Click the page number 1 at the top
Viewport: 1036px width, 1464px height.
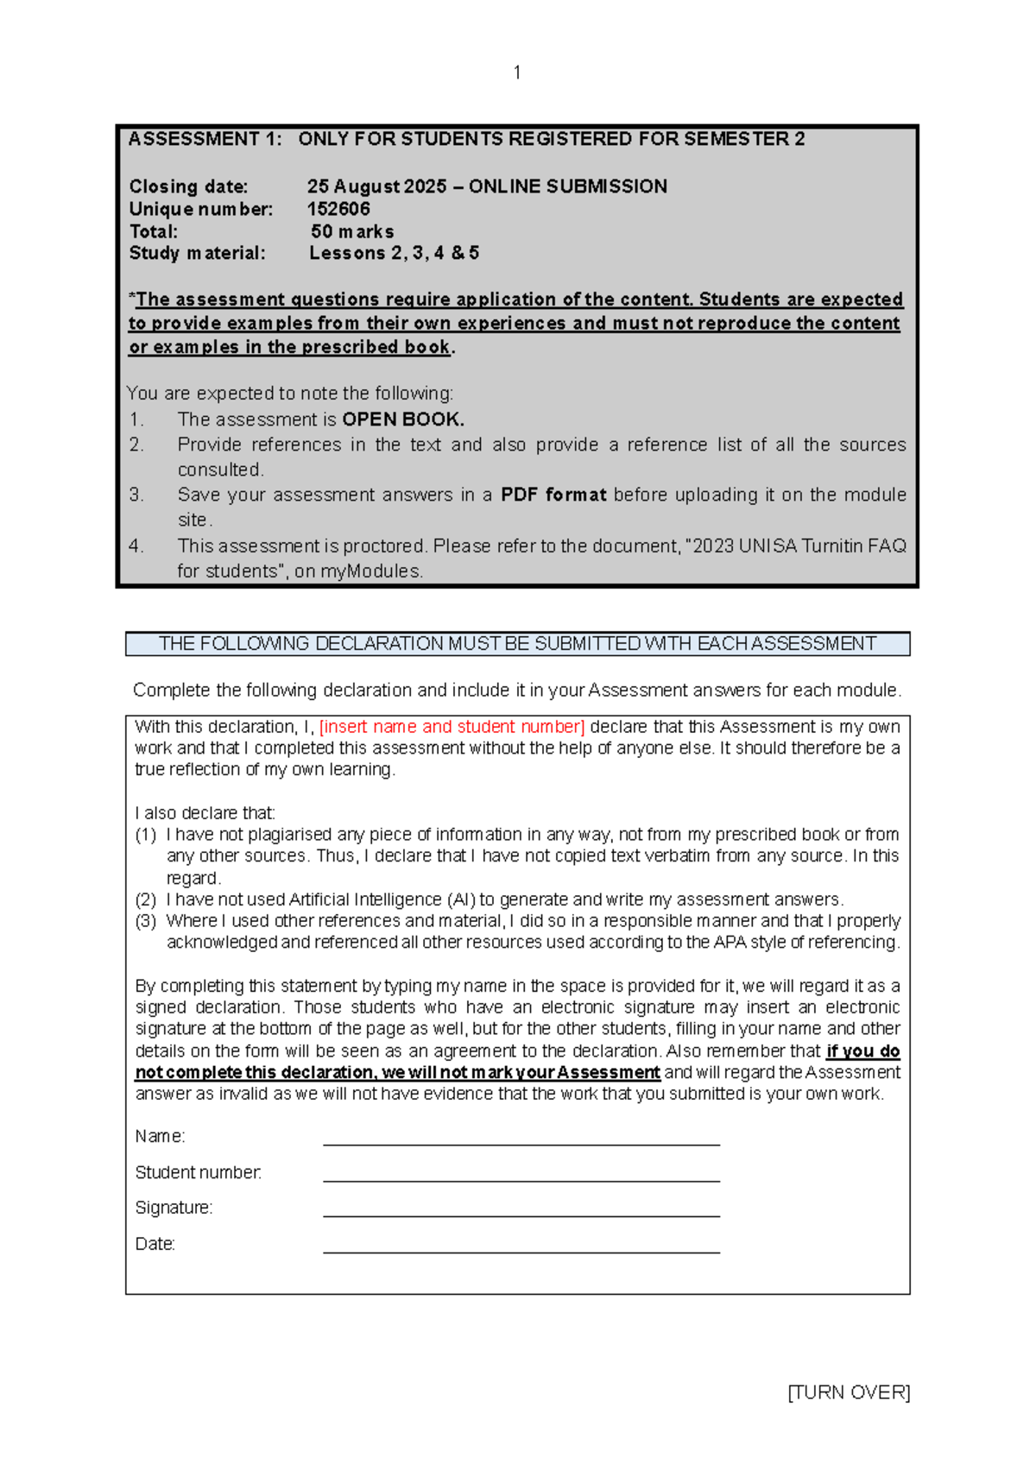tap(516, 73)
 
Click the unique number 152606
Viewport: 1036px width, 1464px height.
tap(338, 209)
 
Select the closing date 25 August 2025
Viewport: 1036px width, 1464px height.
tap(377, 186)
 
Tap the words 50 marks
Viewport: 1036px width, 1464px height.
tap(352, 231)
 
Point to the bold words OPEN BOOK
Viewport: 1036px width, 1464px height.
tap(403, 420)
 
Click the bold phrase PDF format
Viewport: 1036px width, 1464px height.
tap(553, 495)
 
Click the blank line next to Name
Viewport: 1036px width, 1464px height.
tap(521, 1138)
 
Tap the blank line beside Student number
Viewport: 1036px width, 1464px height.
tap(521, 1174)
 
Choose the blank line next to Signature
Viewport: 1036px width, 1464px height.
tap(521, 1209)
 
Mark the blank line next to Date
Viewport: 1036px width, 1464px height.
tap(521, 1246)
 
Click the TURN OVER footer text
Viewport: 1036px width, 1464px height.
tap(849, 1392)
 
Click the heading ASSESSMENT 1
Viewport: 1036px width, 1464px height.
tap(205, 139)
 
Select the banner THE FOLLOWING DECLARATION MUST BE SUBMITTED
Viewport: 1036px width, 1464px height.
tap(517, 644)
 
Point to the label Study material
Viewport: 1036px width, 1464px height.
tap(197, 253)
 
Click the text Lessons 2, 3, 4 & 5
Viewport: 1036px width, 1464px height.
tap(394, 253)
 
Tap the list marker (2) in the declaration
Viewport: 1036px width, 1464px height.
tap(145, 899)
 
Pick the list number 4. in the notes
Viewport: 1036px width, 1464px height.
tap(136, 546)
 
